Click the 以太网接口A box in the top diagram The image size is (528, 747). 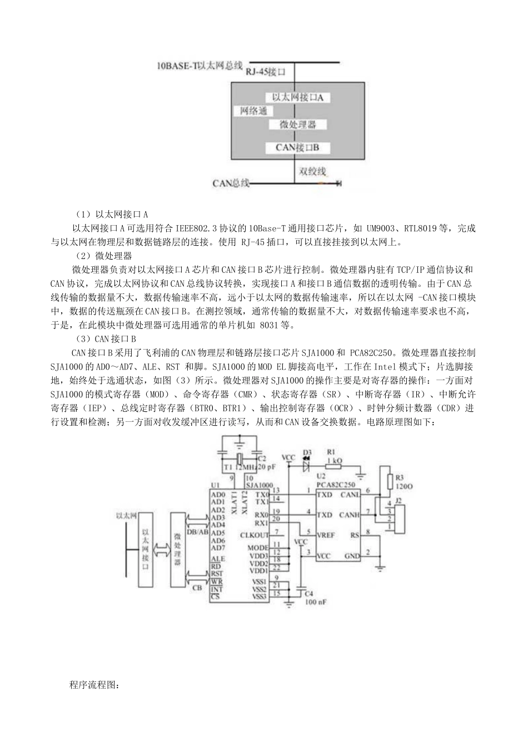click(x=297, y=97)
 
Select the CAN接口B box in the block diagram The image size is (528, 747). click(x=297, y=147)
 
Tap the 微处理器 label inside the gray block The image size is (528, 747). click(x=297, y=124)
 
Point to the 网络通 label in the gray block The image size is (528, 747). click(x=253, y=111)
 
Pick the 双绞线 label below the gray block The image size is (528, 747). click(x=312, y=171)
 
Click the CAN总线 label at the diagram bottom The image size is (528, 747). click(x=231, y=183)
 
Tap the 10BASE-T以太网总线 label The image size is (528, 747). click(x=200, y=66)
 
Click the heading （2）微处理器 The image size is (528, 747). click(x=103, y=256)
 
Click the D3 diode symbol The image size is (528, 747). click(x=306, y=466)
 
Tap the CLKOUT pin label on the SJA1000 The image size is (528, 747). click(x=254, y=535)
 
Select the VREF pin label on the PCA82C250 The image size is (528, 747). click(x=326, y=535)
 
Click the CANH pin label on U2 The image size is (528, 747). click(x=350, y=515)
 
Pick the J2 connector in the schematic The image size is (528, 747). click(x=395, y=514)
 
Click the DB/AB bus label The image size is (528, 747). click(x=198, y=531)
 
